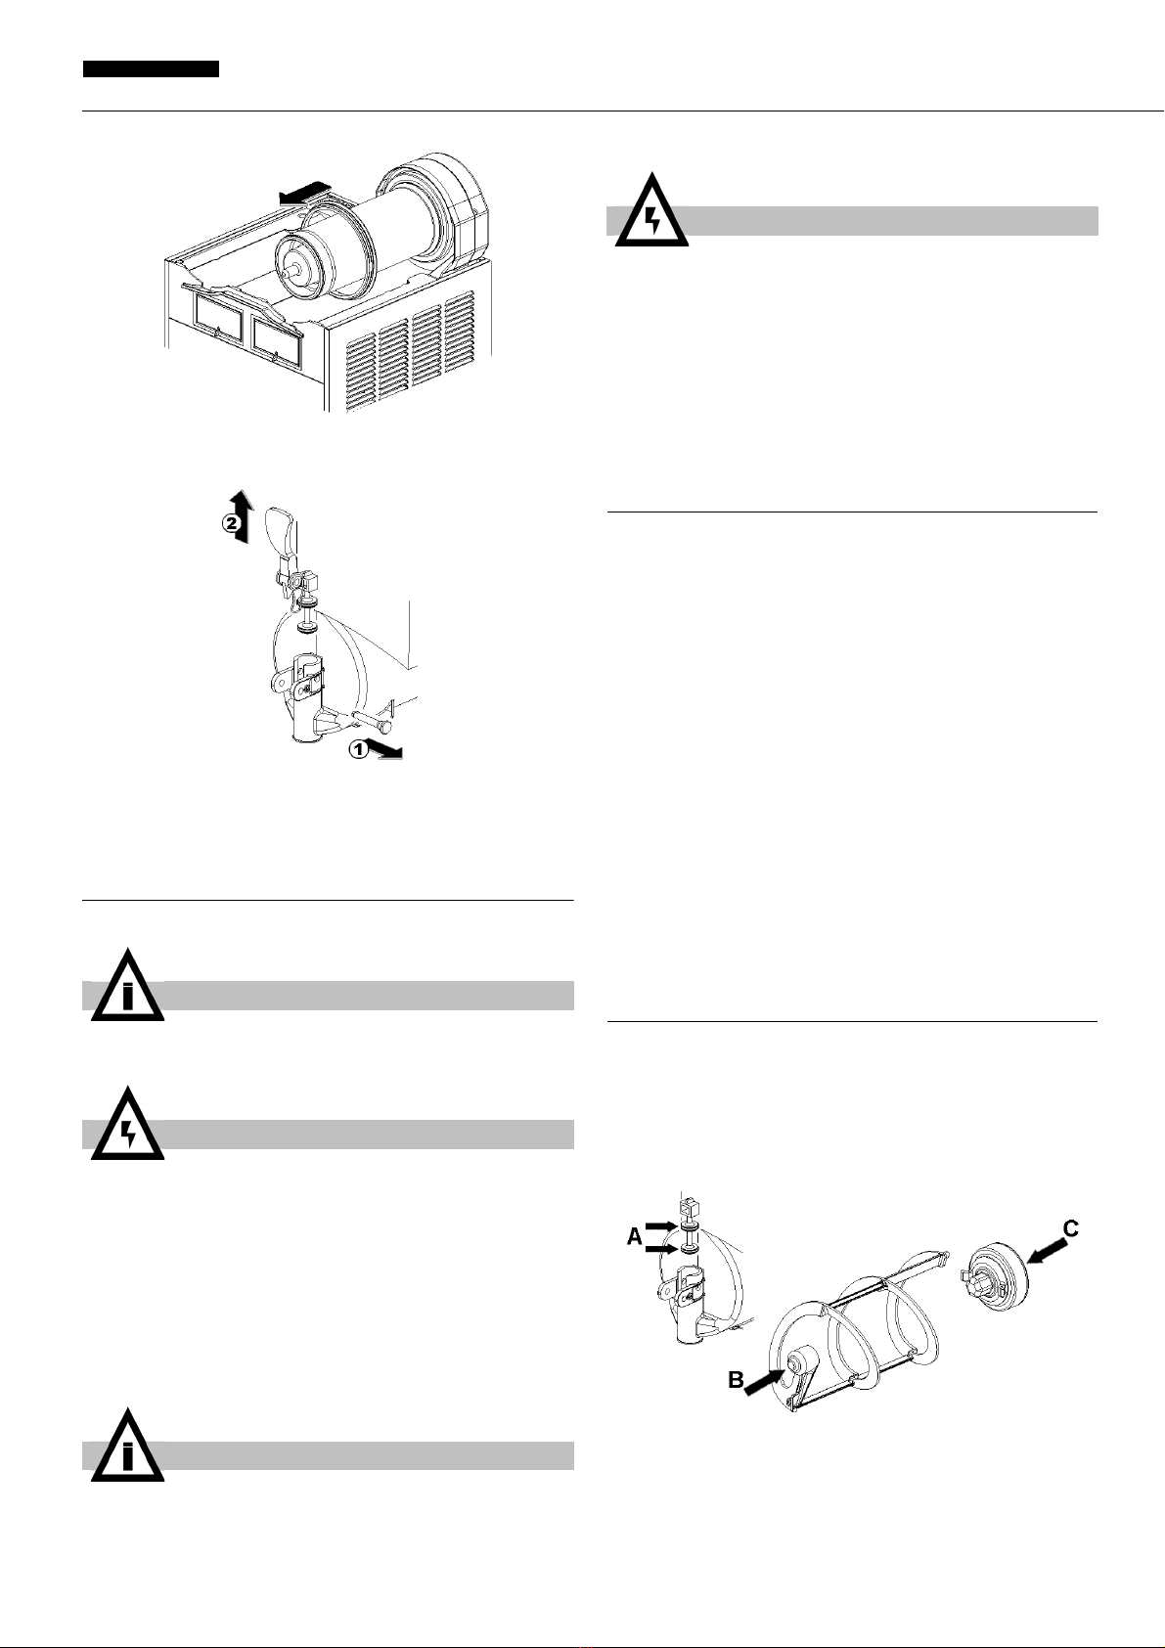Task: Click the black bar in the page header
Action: (151, 69)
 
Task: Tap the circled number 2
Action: (230, 524)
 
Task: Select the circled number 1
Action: (358, 750)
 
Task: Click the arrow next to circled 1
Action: (386, 750)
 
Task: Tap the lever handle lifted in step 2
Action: (284, 536)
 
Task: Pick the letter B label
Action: (736, 1380)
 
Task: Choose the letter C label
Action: (1071, 1227)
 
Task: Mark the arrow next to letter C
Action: (1045, 1249)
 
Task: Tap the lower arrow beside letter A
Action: (659, 1249)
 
